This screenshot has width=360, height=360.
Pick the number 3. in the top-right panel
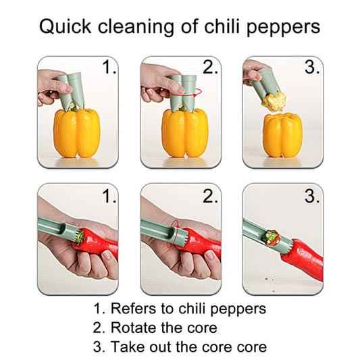click(x=311, y=68)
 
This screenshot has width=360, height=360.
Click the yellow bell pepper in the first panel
click(x=76, y=133)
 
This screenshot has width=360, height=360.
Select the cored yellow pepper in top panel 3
click(x=282, y=135)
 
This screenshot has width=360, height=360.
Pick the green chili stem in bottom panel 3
click(x=272, y=237)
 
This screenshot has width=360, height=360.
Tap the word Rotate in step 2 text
click(x=133, y=328)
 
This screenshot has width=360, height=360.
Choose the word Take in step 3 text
click(x=126, y=347)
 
